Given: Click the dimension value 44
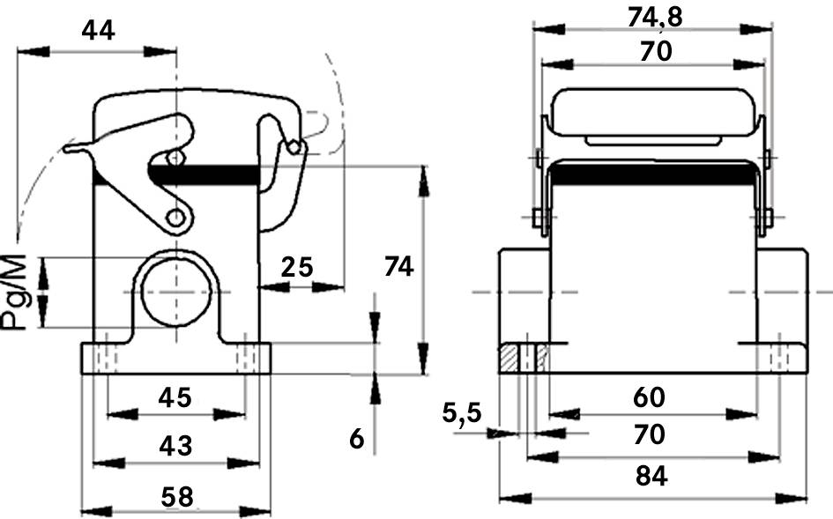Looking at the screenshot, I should coord(98,31).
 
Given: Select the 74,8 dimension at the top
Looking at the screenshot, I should coord(653,16).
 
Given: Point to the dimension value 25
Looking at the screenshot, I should coord(297,265).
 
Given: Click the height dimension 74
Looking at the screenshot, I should coord(398,265).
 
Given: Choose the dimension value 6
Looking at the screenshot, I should coord(356,438).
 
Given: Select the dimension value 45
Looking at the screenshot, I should coord(175,397).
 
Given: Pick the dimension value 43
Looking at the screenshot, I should coord(175,446).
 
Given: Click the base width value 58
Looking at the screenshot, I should coord(176,495).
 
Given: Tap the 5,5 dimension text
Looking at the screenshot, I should coord(463,411).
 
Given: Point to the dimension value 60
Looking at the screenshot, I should coord(650,398).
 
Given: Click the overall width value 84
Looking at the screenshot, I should coord(651,477).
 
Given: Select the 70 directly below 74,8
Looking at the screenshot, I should coord(655,52).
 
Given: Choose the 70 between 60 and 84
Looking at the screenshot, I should coord(651,435).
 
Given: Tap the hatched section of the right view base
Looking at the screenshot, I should coord(509,359).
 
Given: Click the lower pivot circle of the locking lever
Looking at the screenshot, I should coord(176,217).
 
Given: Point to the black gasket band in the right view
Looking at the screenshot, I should coord(652,174).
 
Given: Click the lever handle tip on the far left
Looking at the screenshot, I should coord(71,148).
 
